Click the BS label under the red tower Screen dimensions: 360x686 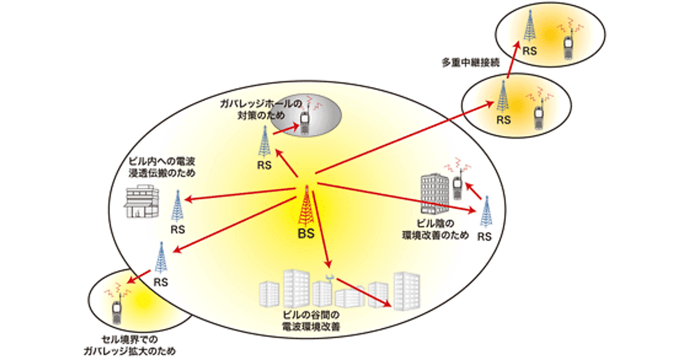tap(306, 234)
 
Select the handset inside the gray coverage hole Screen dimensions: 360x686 tap(304, 120)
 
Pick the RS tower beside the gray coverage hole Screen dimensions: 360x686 tap(264, 142)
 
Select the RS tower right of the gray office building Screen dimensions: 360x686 tap(485, 212)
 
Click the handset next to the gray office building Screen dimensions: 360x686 tap(457, 187)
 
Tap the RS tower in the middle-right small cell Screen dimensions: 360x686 tap(503, 97)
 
